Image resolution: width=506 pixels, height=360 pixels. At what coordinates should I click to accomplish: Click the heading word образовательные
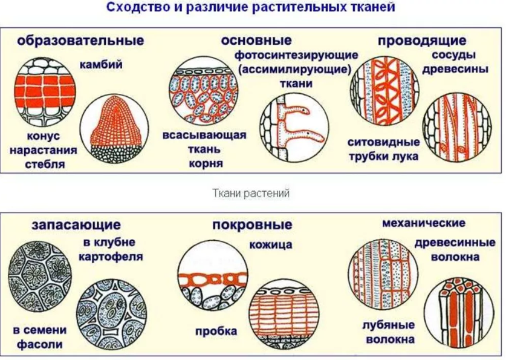[80, 41]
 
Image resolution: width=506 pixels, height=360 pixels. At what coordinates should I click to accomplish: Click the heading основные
[252, 41]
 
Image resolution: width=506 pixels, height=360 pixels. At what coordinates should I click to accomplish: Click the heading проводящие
[422, 41]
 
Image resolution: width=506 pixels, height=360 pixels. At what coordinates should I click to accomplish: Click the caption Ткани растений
[251, 194]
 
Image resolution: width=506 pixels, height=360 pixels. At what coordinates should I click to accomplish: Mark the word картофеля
[111, 256]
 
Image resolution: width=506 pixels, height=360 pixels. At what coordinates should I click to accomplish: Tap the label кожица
[271, 245]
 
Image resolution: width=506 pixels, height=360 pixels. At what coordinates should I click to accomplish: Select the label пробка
[216, 331]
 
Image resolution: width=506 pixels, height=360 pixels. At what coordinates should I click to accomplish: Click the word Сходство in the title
[137, 8]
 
